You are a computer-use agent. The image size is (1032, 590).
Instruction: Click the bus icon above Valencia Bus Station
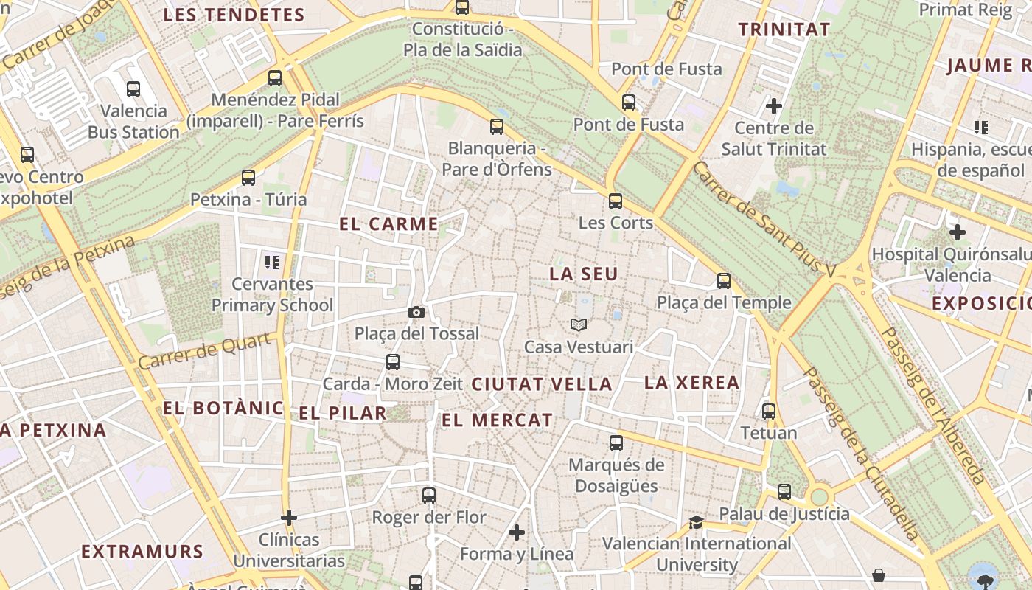133,89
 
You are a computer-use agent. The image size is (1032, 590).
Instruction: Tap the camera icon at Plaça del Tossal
416,313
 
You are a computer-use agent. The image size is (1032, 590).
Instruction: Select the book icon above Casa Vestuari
579,324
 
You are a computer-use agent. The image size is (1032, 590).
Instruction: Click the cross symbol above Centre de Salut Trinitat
773,106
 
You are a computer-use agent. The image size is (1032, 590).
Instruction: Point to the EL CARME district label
388,224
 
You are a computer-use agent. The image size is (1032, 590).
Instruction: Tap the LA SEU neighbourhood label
583,274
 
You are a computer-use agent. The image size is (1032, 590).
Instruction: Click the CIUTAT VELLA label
542,383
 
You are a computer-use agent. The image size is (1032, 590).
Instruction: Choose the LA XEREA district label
691,382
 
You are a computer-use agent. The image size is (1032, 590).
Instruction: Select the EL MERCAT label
497,420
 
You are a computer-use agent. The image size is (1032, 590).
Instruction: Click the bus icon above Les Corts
616,201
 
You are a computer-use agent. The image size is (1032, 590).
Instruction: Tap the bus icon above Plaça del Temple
724,281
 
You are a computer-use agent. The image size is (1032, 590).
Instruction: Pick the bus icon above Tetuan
769,412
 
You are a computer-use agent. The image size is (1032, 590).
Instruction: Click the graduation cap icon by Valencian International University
695,523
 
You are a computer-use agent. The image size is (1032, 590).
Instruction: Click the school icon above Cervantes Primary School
272,262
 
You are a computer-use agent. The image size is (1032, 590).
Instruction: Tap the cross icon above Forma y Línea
517,532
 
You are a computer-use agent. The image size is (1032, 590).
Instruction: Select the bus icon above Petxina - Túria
248,178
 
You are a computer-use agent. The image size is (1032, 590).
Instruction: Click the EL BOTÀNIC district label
223,408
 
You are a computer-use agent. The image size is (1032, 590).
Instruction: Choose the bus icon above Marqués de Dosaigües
616,443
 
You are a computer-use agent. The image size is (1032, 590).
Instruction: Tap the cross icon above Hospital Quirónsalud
957,232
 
